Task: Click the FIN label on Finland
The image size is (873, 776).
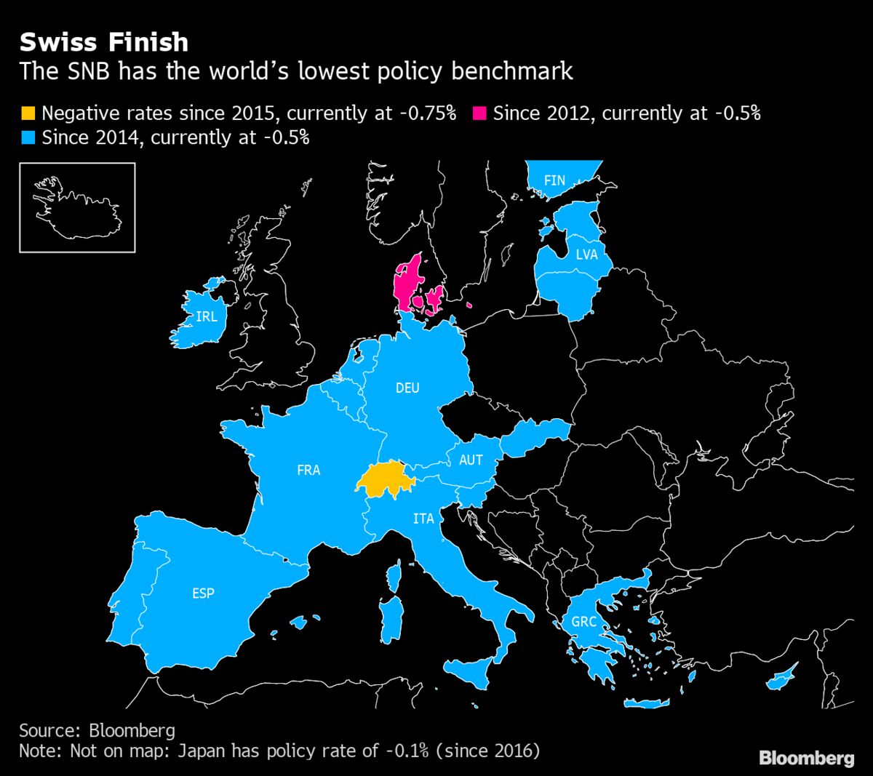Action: (x=554, y=180)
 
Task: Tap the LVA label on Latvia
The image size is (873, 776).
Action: (x=586, y=254)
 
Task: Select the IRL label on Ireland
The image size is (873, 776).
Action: (x=207, y=316)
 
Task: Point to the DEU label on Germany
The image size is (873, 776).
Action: (x=407, y=388)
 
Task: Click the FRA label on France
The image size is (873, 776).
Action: (x=308, y=470)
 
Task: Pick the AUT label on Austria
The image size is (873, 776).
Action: (x=471, y=460)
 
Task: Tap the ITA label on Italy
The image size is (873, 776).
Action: (x=423, y=519)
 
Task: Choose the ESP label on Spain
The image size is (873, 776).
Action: (x=203, y=593)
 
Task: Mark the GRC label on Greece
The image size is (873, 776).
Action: (x=583, y=622)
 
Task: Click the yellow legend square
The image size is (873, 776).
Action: (x=28, y=113)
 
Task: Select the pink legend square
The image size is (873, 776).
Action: (x=479, y=113)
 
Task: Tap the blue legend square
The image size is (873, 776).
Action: (x=28, y=137)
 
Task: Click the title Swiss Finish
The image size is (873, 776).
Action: (x=104, y=42)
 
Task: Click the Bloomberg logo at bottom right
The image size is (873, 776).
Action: (x=806, y=758)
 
